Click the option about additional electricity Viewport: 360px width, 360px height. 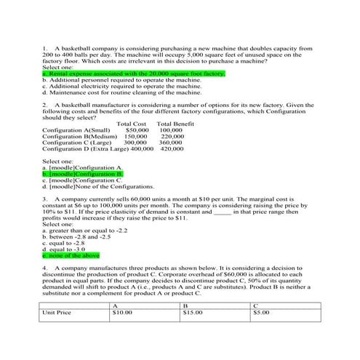pyautogui.click(x=117, y=87)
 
